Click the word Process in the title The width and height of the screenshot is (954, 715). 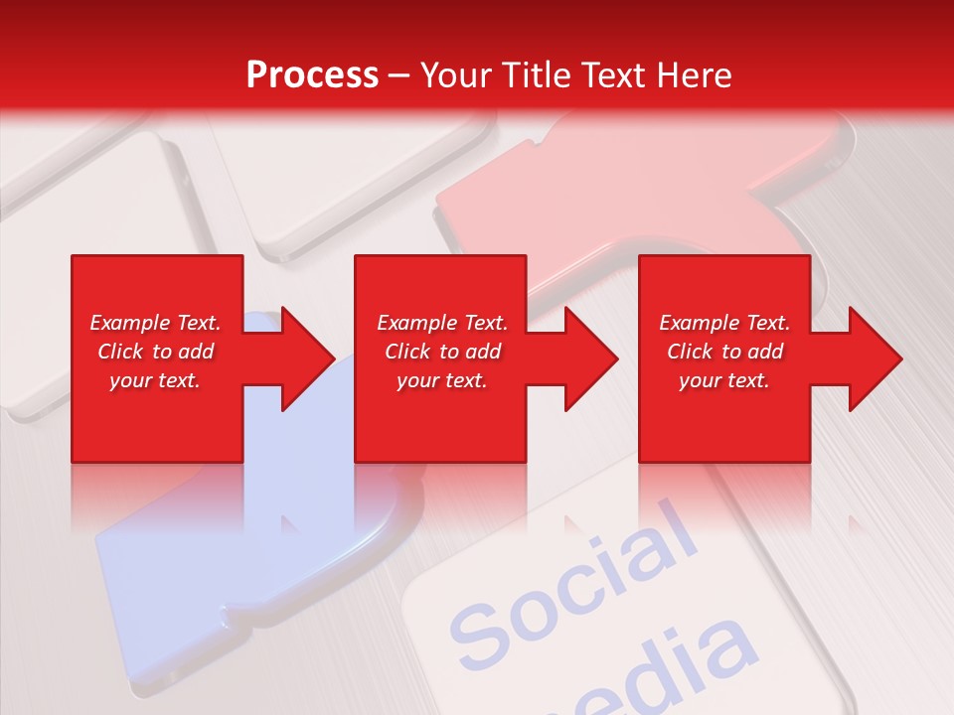[312, 75]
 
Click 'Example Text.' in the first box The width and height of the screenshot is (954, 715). [155, 323]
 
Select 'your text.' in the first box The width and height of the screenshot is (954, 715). [155, 380]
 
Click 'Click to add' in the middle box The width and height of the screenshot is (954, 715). [442, 352]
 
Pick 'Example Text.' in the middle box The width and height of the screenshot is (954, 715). [442, 323]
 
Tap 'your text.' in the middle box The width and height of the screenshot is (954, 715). [442, 380]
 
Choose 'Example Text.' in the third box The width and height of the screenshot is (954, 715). [724, 323]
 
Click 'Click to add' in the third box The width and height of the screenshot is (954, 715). [724, 352]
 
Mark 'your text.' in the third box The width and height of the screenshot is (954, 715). [724, 380]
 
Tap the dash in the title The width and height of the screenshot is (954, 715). [399, 76]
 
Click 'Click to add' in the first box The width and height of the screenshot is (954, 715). [155, 352]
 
